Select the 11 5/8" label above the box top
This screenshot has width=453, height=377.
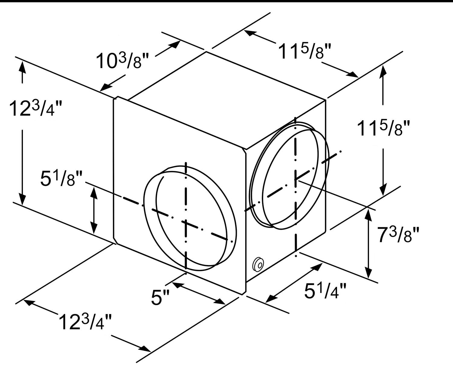305,51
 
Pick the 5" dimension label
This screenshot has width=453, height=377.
160,297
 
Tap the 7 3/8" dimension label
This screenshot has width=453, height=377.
398,234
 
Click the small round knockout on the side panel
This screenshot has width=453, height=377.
258,264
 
